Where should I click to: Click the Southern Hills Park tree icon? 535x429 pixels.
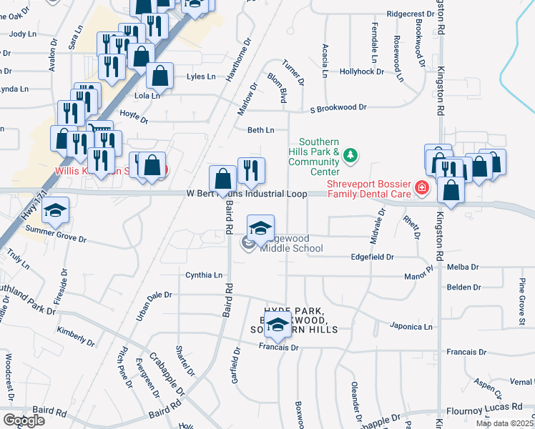[x=350, y=154]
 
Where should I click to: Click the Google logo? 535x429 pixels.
[x=24, y=420]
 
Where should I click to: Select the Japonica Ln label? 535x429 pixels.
[x=411, y=327]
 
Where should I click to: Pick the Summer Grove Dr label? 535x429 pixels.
[x=55, y=233]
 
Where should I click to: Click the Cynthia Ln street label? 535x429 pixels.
[x=204, y=275]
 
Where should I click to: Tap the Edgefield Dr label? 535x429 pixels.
[x=373, y=257]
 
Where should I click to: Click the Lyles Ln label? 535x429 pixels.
[x=201, y=77]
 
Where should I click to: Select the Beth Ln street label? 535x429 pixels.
[x=260, y=130]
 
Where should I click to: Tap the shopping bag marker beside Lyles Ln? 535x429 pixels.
[x=159, y=77]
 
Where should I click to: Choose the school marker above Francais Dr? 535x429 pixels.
[x=278, y=325]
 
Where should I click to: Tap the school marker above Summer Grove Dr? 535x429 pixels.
[x=54, y=210]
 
